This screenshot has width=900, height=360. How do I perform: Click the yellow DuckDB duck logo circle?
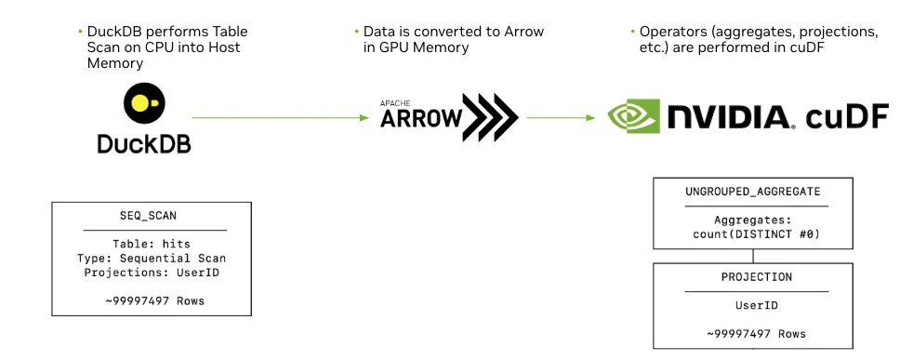pos(144,103)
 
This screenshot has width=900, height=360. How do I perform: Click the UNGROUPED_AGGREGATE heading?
pos(752,191)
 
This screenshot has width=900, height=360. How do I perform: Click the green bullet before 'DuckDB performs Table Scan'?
pos(80,32)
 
